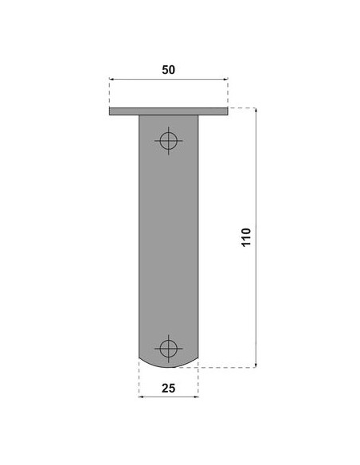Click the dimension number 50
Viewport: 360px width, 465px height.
168,70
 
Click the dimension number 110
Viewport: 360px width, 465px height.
246,237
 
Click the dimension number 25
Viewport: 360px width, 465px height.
168,389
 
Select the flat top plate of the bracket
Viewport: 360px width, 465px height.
168,111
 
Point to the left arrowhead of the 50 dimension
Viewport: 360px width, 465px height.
112,79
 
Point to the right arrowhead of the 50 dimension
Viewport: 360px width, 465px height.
226,79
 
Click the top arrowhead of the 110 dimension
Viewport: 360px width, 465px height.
256,110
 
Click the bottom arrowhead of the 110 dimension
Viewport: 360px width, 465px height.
256,365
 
